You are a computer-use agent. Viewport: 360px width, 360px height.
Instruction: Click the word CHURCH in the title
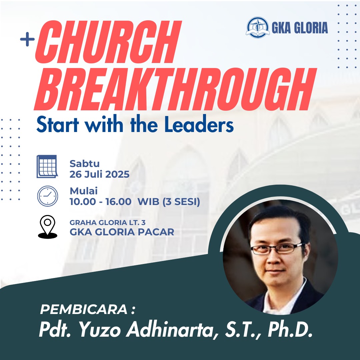[108, 42]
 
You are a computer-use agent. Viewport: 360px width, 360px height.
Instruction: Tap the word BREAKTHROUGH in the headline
[175, 89]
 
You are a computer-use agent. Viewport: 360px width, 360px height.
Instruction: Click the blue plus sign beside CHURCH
[27, 39]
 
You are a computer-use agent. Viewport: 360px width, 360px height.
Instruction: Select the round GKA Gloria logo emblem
[258, 27]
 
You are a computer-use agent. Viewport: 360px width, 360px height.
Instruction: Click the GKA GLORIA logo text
[300, 28]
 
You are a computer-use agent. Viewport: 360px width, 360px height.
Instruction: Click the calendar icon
[47, 166]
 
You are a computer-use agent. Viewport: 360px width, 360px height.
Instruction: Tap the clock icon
[48, 196]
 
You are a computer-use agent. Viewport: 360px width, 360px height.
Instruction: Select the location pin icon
[48, 227]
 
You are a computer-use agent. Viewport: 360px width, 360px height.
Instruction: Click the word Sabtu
[84, 164]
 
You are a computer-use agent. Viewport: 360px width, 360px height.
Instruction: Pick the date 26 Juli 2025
[99, 174]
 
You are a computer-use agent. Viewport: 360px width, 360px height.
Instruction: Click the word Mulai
[84, 191]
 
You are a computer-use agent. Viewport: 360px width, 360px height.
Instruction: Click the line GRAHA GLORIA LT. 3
[107, 222]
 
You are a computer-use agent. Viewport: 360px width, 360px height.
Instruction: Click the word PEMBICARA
[84, 309]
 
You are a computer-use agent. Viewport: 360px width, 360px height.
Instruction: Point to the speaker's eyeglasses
[277, 249]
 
